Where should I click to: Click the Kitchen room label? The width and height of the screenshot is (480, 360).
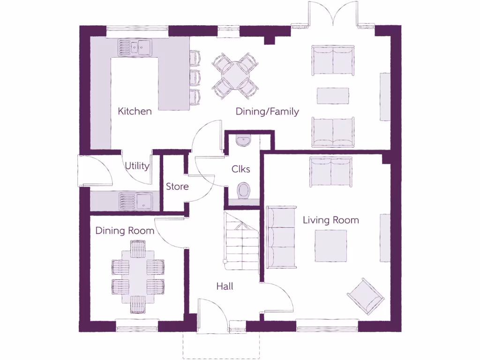pyautogui.click(x=135, y=112)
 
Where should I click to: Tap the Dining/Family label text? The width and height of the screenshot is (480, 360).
pyautogui.click(x=267, y=112)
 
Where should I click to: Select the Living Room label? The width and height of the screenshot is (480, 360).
pyautogui.click(x=330, y=220)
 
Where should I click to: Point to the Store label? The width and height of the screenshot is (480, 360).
pyautogui.click(x=177, y=187)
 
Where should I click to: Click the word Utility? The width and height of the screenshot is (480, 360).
pyautogui.click(x=137, y=166)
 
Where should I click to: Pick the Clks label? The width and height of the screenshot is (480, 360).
pyautogui.click(x=241, y=169)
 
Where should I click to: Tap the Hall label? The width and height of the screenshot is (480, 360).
pyautogui.click(x=225, y=286)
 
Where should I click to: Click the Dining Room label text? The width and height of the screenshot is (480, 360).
pyautogui.click(x=125, y=231)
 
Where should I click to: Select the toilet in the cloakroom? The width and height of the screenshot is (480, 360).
pyautogui.click(x=244, y=191)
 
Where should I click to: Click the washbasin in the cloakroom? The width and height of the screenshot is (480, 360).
pyautogui.click(x=244, y=140)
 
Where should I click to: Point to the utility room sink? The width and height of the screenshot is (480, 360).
pyautogui.click(x=135, y=202)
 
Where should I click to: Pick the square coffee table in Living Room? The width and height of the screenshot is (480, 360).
pyautogui.click(x=330, y=246)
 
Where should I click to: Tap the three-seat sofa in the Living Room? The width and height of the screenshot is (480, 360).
pyautogui.click(x=281, y=237)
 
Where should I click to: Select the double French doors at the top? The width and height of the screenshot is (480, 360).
pyautogui.click(x=333, y=14)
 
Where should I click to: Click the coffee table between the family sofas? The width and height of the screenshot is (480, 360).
pyautogui.click(x=333, y=96)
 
